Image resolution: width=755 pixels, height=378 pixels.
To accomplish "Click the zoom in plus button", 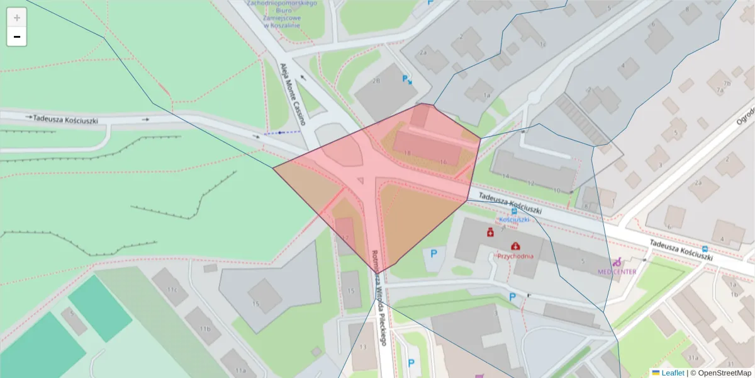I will point(17,18).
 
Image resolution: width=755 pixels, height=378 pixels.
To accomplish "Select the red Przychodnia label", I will point(515,256).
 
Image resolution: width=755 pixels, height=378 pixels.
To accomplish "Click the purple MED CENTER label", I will point(617,272).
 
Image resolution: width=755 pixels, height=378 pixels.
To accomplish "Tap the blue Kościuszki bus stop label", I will point(514,219).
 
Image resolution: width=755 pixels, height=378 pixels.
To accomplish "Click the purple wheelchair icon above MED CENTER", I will point(617,261).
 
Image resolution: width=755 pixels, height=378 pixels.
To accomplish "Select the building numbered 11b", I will point(205,329).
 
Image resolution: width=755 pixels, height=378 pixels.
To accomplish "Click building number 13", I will point(363,347).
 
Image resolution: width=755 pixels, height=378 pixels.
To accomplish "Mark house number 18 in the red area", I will point(407,153).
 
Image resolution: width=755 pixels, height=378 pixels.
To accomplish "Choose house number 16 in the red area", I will point(443,162).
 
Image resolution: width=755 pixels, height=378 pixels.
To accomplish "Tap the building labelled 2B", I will point(376,81).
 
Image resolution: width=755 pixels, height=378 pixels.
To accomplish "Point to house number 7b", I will point(727,83).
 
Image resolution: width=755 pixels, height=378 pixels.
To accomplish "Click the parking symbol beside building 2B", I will point(407,79).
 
